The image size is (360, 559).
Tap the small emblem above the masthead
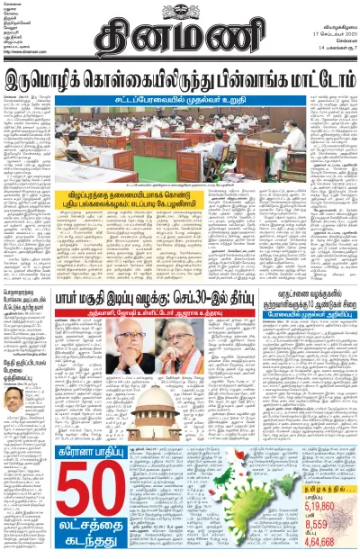[x=179, y=6]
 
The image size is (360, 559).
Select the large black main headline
[x=179, y=82]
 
